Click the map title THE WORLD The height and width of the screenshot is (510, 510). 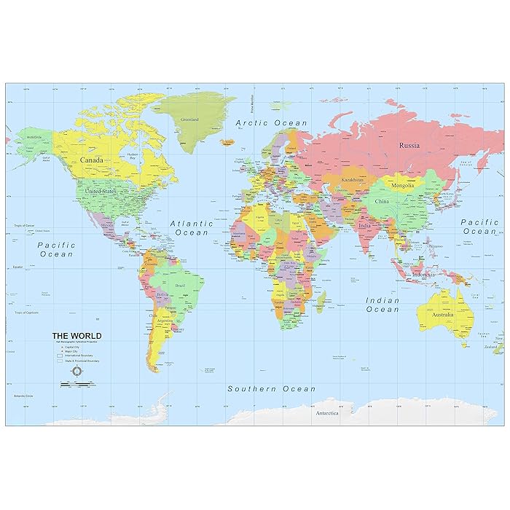coord(76,336)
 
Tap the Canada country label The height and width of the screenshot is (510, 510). coord(91,160)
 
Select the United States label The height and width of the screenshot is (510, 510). coord(100,191)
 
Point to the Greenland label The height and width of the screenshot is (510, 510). coord(190,119)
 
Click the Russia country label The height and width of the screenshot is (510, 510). coord(409,145)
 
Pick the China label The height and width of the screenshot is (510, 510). coord(382,200)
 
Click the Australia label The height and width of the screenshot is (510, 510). coord(443,315)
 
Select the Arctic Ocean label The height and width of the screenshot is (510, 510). coord(272,123)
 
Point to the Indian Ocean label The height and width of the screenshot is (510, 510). coord(382,305)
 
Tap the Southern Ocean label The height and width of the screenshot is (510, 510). coord(272,389)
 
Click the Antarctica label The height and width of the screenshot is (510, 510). coord(326,413)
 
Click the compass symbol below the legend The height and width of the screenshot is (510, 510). coord(76,372)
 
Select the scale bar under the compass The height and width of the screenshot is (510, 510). coord(76,384)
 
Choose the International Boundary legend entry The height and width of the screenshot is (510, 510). coord(78,355)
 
